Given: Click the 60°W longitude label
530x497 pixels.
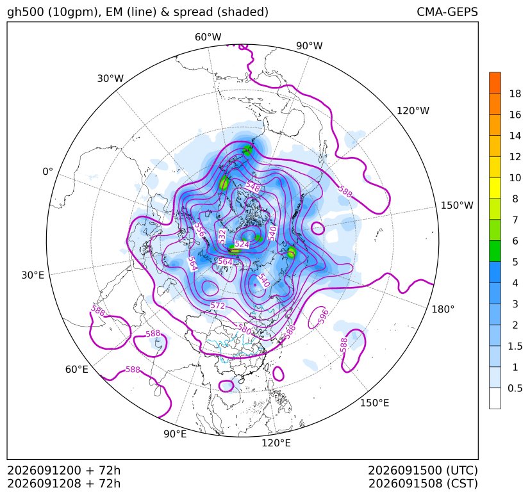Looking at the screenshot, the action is click(x=208, y=37).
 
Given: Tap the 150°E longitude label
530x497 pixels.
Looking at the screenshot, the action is click(x=374, y=403).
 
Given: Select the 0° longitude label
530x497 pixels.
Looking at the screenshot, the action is click(x=47, y=172).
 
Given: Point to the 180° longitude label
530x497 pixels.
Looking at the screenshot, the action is click(x=443, y=309).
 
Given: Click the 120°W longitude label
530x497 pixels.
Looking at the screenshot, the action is click(x=413, y=111).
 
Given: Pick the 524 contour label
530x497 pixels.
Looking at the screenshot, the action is click(x=242, y=244).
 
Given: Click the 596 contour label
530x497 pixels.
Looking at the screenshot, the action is click(x=323, y=316).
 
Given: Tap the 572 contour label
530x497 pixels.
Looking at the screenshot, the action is click(x=218, y=306).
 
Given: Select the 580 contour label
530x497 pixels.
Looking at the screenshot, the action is click(x=244, y=329).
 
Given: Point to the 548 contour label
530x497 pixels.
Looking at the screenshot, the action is click(x=253, y=186).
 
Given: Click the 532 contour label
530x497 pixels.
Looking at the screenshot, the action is click(x=222, y=236).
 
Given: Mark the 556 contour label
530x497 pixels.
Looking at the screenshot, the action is click(x=199, y=230).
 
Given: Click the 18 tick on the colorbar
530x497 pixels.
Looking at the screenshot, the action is click(x=515, y=94).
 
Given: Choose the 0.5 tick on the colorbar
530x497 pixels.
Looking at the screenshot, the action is click(x=515, y=388).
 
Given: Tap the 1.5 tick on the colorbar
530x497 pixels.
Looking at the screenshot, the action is click(x=515, y=346).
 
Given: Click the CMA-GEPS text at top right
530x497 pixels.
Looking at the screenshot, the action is click(x=447, y=12).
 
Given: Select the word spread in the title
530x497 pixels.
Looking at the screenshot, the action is click(x=192, y=12).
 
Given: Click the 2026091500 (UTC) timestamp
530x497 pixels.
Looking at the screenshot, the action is click(x=423, y=470).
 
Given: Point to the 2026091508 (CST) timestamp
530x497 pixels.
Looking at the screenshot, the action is click(x=423, y=484).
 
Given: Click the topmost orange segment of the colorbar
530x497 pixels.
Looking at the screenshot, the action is click(x=495, y=83).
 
